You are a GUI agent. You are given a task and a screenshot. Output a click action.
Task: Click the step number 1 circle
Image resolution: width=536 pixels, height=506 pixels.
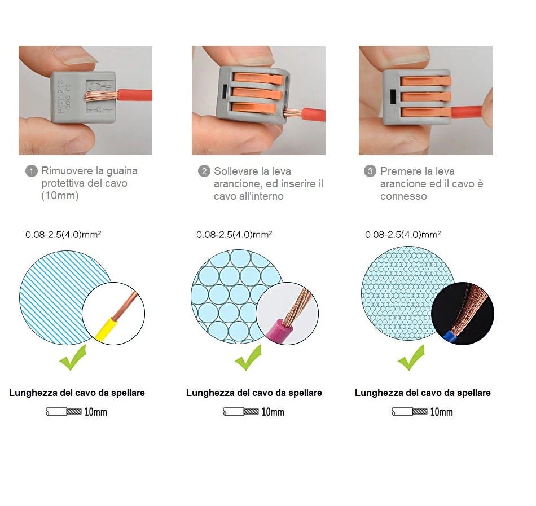(31, 171)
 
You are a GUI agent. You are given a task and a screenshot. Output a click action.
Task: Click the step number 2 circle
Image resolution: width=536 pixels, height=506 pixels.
(204, 171)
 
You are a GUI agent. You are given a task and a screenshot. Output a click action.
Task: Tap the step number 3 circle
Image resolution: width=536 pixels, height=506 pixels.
(370, 171)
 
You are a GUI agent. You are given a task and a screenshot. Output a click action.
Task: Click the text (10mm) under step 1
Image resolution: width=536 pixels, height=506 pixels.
(60, 196)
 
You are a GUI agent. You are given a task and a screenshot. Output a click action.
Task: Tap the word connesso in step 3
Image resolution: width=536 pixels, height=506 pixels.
(403, 196)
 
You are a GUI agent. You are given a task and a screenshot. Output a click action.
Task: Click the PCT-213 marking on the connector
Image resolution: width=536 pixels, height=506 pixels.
(61, 96)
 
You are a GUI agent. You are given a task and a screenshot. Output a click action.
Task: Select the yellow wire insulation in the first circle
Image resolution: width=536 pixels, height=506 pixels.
(107, 329)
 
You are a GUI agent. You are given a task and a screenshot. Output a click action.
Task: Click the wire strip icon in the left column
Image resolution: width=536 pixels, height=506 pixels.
(64, 412)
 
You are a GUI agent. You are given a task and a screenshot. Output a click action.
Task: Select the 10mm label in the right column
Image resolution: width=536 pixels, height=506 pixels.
(441, 412)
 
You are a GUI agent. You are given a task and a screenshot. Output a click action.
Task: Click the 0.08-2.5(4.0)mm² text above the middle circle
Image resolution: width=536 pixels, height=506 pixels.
(234, 235)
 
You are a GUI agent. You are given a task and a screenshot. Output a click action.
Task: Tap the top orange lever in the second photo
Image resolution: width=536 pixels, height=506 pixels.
(259, 79)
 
